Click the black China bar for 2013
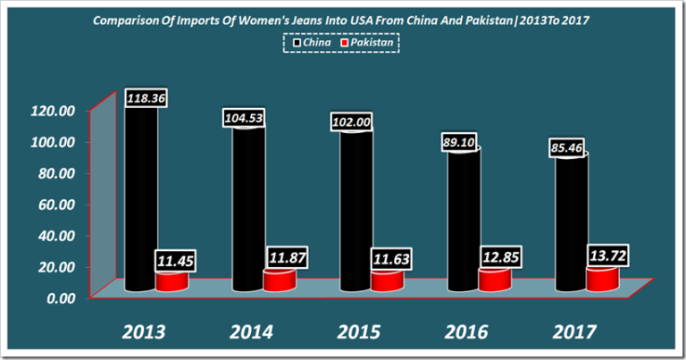(140, 205)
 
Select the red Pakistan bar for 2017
(600, 280)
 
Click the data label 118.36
(142, 96)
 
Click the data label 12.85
(498, 256)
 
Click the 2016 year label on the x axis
(468, 332)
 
